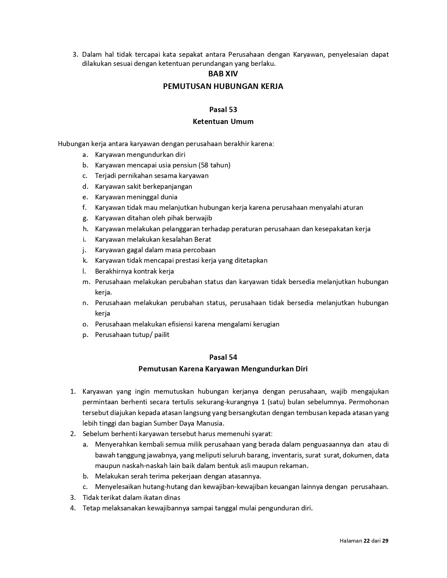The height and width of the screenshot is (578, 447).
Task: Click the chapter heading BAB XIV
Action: [x=223, y=74]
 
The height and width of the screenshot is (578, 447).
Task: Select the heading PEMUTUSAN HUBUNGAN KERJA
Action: [x=223, y=86]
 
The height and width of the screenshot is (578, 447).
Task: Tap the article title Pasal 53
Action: [x=223, y=110]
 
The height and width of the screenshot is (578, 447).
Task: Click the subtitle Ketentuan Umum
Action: [x=223, y=122]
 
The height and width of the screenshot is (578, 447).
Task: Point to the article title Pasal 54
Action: [x=223, y=357]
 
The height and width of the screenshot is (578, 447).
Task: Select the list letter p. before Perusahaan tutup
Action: [x=85, y=335]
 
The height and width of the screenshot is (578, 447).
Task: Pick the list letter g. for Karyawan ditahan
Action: [x=85, y=218]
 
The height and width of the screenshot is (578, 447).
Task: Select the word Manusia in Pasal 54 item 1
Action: [x=211, y=423]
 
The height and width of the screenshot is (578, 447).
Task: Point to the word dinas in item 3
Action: [x=172, y=497]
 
